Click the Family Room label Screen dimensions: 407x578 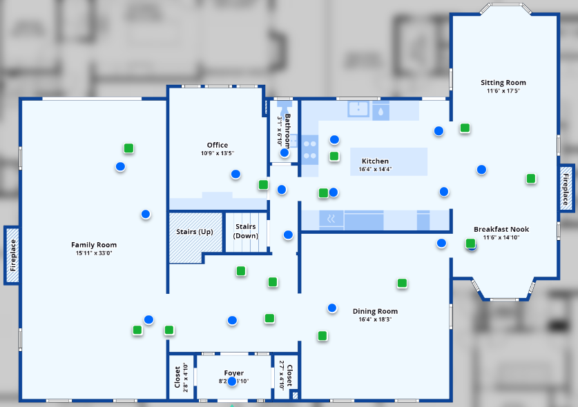[94, 245]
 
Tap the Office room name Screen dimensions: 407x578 [218, 145]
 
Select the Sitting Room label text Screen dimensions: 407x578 [503, 83]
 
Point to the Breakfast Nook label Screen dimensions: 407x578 [501, 229]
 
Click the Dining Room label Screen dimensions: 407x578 [375, 311]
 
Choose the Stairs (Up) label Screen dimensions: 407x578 [195, 232]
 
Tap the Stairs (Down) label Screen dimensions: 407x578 [246, 231]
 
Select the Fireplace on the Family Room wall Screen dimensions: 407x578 [12, 255]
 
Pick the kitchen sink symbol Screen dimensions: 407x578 [358, 109]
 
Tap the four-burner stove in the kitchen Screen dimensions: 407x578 [309, 149]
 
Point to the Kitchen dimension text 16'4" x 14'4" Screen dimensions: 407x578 [375, 169]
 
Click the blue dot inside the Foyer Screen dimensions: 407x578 [233, 381]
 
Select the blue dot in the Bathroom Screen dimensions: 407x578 [285, 152]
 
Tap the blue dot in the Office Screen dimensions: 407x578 [235, 175]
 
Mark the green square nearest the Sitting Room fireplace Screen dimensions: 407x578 [531, 179]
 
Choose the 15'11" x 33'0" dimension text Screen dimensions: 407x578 [94, 253]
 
